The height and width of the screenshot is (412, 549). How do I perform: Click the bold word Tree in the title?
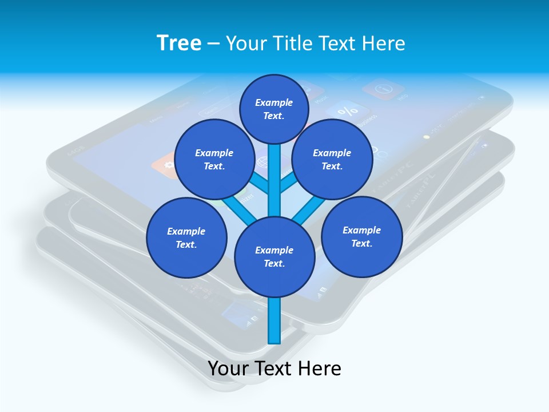pyautogui.click(x=179, y=43)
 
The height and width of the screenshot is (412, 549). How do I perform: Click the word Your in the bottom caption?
pyautogui.click(x=228, y=369)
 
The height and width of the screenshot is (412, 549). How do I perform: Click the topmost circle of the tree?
pyautogui.click(x=274, y=109)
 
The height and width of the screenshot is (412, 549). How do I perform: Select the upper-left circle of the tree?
pyautogui.click(x=214, y=159)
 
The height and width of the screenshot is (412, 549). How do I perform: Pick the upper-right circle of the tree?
pyautogui.click(x=332, y=159)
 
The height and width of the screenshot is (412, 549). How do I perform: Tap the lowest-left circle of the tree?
pyautogui.click(x=186, y=237)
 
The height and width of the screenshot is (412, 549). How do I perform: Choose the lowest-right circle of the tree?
pyautogui.click(x=361, y=236)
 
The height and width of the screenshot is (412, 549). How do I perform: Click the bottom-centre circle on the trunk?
pyautogui.click(x=274, y=256)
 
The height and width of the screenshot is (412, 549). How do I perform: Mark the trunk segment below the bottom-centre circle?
pyautogui.click(x=274, y=320)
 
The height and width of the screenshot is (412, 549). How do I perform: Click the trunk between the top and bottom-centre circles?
pyautogui.click(x=274, y=180)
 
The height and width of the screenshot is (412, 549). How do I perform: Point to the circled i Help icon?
pyautogui.click(x=383, y=89)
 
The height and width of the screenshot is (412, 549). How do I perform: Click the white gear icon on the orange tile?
pyautogui.click(x=168, y=165)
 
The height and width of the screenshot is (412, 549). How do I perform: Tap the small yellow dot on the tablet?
pyautogui.click(x=426, y=137)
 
